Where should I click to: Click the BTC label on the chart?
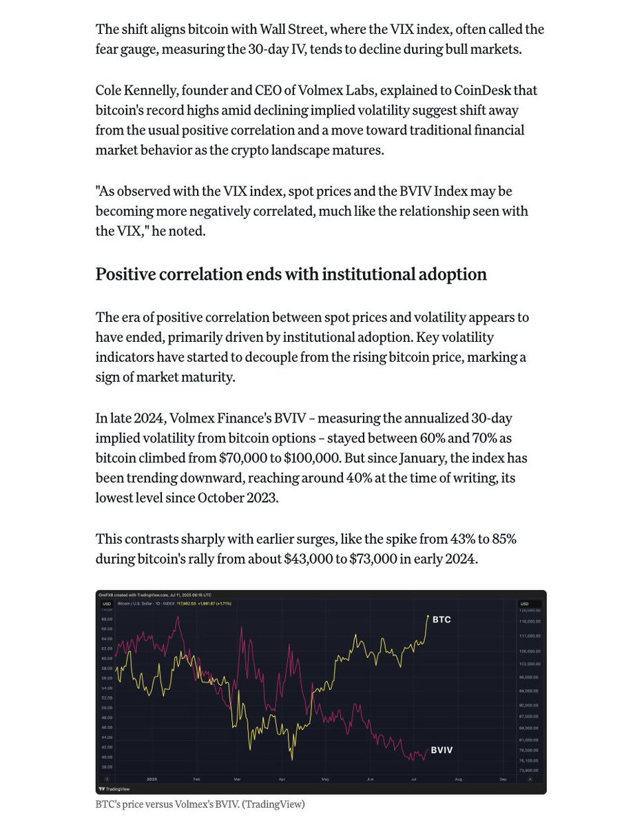pyautogui.click(x=442, y=620)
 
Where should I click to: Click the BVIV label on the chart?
pyautogui.click(x=442, y=749)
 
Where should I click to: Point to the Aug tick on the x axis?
pyautogui.click(x=458, y=779)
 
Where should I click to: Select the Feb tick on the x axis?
pyautogui.click(x=197, y=779)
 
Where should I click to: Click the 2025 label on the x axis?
pyautogui.click(x=152, y=779)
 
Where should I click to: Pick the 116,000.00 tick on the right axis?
pyautogui.click(x=529, y=622)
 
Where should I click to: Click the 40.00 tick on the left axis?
pyautogui.click(x=107, y=757)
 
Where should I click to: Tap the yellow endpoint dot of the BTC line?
pyautogui.click(x=428, y=616)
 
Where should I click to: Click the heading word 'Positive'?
pyautogui.click(x=129, y=274)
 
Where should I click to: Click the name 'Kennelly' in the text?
pyautogui.click(x=160, y=90)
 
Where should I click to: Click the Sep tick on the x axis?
pyautogui.click(x=503, y=779)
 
